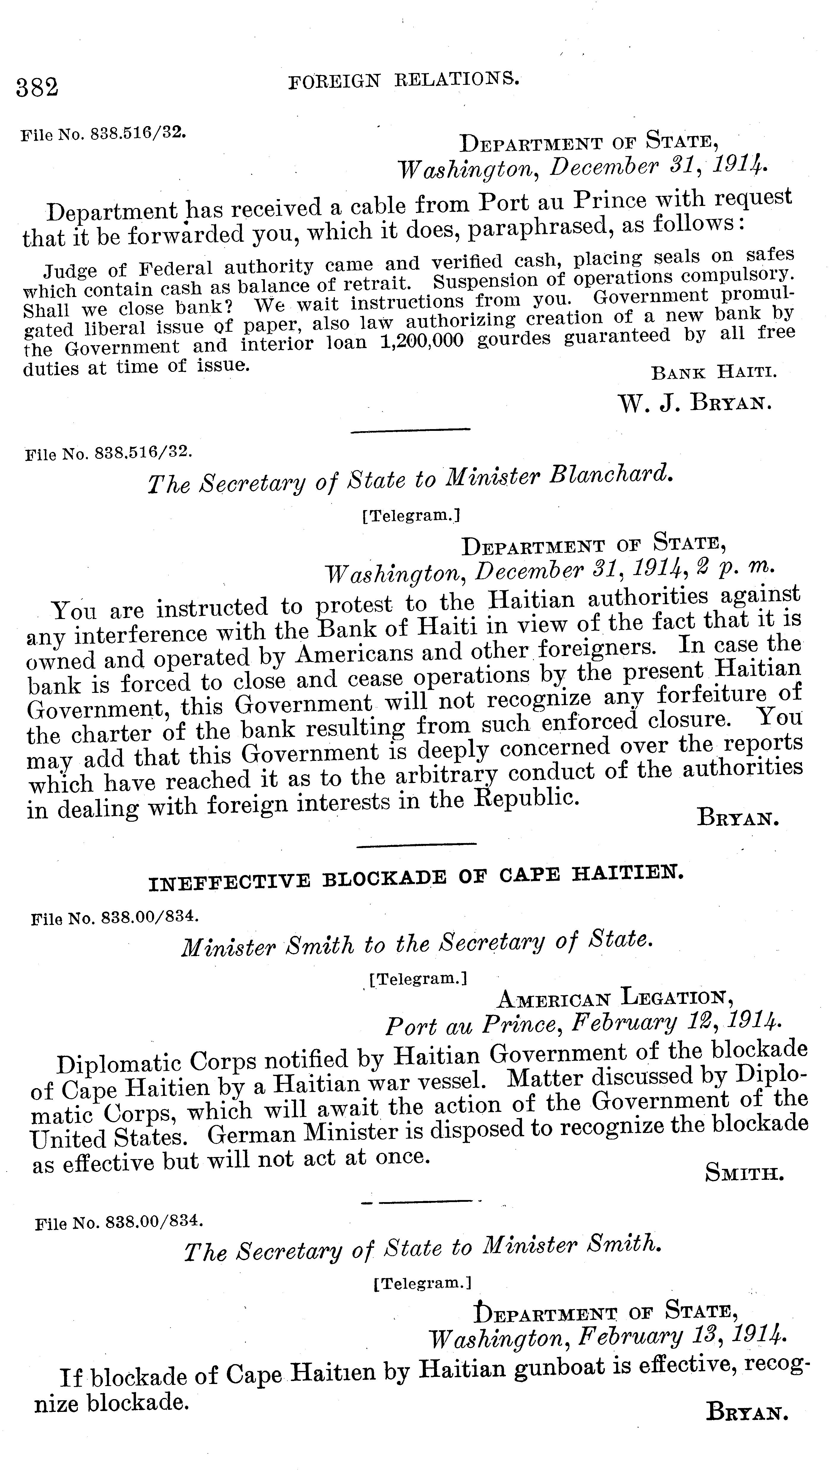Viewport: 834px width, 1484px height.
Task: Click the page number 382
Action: pos(37,88)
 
